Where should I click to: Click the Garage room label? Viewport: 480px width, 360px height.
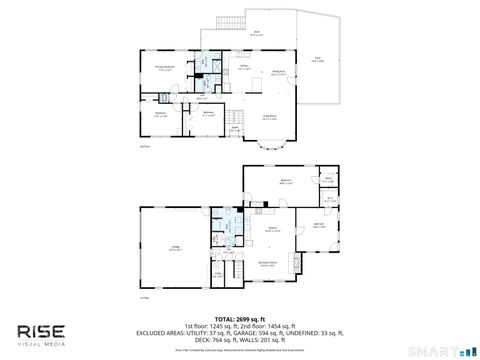click(174, 249)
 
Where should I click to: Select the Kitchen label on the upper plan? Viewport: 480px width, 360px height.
click(243, 68)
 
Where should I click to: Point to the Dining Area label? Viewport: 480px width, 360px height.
click(279, 73)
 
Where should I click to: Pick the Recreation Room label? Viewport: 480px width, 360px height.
click(267, 264)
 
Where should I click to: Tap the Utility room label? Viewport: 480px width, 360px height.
click(216, 273)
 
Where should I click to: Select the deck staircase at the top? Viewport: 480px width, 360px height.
click(229, 22)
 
